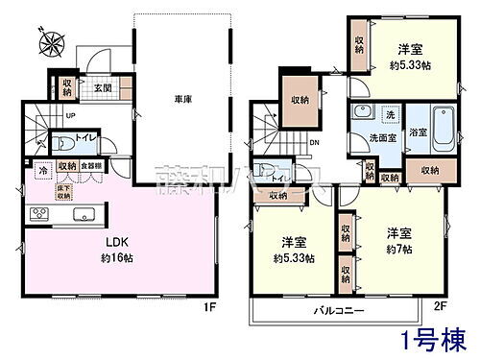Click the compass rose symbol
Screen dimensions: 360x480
click(x=50, y=43)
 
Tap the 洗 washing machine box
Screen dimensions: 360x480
click(x=390, y=116)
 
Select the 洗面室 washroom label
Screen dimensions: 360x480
click(x=377, y=137)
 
